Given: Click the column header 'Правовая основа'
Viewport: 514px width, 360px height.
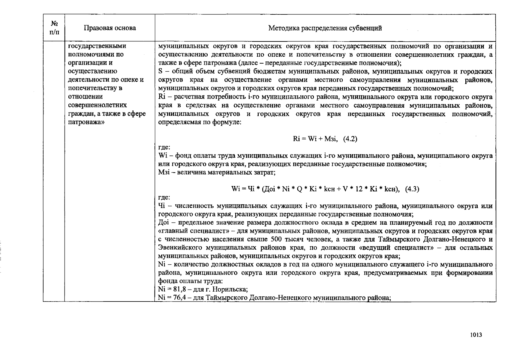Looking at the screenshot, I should tap(110, 28).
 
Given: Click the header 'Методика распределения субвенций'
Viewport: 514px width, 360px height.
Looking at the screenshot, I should tap(325, 28).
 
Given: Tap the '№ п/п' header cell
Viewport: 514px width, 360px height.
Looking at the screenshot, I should tap(54, 27).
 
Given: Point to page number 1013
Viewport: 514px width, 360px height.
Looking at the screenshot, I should tap(476, 335).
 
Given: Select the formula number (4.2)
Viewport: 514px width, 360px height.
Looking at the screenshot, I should tap(350, 139).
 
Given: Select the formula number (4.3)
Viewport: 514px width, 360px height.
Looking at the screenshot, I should tap(412, 189).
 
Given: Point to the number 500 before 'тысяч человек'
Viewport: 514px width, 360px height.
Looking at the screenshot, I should tap(276, 239).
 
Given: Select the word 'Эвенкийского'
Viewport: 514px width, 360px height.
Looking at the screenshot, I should tap(180, 248).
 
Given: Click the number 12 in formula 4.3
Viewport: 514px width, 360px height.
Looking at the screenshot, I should tap(359, 189).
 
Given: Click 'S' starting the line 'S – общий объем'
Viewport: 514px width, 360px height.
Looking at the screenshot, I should tap(160, 72).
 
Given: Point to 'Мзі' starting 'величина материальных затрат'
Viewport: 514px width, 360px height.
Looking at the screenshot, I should tap(164, 172).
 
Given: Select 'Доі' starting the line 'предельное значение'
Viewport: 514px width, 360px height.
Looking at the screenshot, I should tap(164, 223).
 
